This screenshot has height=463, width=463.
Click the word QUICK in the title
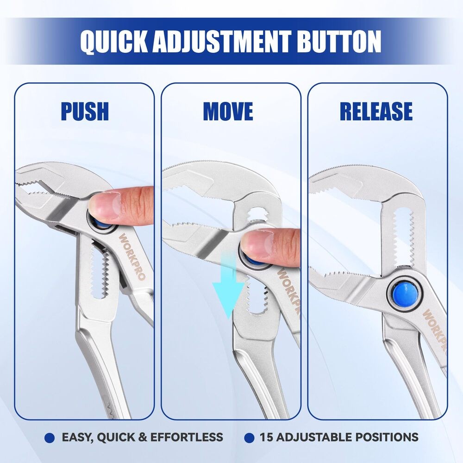coord(114,42)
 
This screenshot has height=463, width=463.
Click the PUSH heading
coord(85,111)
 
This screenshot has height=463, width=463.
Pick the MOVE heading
coord(228,111)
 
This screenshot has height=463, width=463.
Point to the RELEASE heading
coord(376,111)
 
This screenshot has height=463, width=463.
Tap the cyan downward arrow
coord(228,285)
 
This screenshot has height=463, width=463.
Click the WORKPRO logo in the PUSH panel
coord(132,257)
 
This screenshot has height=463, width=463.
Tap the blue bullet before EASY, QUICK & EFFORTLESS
coord(50,438)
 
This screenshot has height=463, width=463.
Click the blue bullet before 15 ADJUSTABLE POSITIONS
coord(249,438)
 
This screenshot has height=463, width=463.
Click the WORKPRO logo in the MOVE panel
coord(288,292)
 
